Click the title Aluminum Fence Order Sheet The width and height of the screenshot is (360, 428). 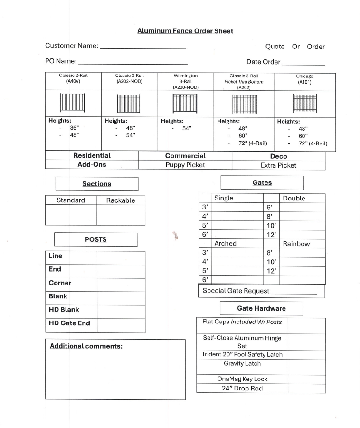pyautogui.click(x=185, y=31)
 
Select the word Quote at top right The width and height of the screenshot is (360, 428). pyautogui.click(x=275, y=47)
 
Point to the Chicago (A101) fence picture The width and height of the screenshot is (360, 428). pyautogui.click(x=304, y=103)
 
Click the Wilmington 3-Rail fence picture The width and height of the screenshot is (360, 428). pyautogui.click(x=185, y=103)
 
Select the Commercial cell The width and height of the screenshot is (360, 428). pyautogui.click(x=185, y=156)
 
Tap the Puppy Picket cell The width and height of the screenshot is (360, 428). pyautogui.click(x=185, y=165)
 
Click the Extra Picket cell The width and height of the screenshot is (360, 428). pyautogui.click(x=278, y=165)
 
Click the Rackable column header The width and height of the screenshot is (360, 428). pyautogui.click(x=120, y=200)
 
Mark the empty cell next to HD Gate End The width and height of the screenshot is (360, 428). pyautogui.click(x=121, y=325)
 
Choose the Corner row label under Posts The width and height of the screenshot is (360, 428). pyautogui.click(x=60, y=283)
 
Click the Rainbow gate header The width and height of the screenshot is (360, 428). pyautogui.click(x=296, y=244)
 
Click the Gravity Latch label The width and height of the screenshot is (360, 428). pyautogui.click(x=242, y=364)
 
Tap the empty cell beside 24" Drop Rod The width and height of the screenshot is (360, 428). pyautogui.click(x=306, y=388)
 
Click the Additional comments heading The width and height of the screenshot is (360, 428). pyautogui.click(x=86, y=346)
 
